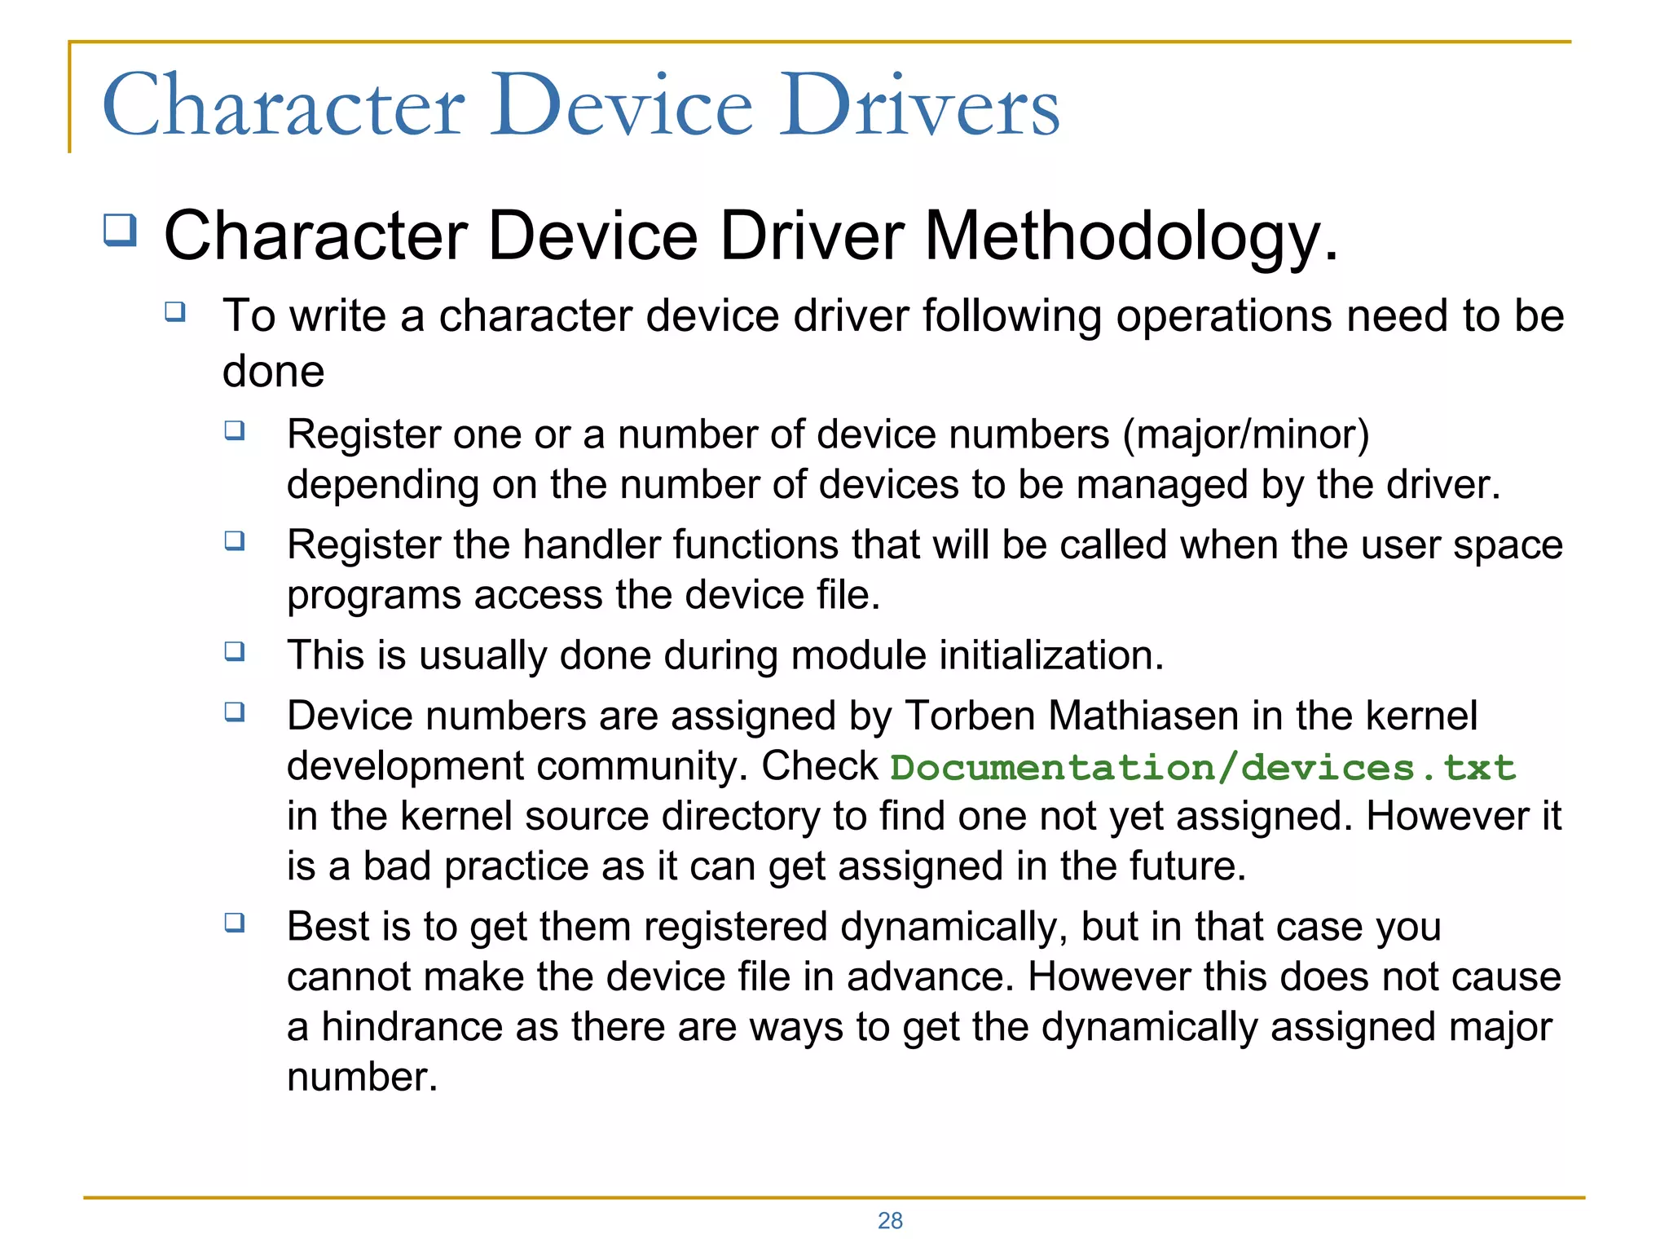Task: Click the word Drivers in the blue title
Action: (x=919, y=106)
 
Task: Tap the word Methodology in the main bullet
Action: (x=1131, y=236)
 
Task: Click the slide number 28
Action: (x=890, y=1220)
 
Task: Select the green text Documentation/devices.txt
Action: (x=1202, y=768)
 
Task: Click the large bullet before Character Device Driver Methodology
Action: (x=120, y=230)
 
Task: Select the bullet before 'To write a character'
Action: (x=175, y=311)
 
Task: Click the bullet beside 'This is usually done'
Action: (x=235, y=651)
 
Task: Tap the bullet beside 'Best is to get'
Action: (x=235, y=923)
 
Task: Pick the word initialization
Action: (x=1051, y=655)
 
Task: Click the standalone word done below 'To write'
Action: (x=274, y=372)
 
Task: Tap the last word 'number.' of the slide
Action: (x=363, y=1077)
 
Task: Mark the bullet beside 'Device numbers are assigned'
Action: (x=235, y=712)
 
